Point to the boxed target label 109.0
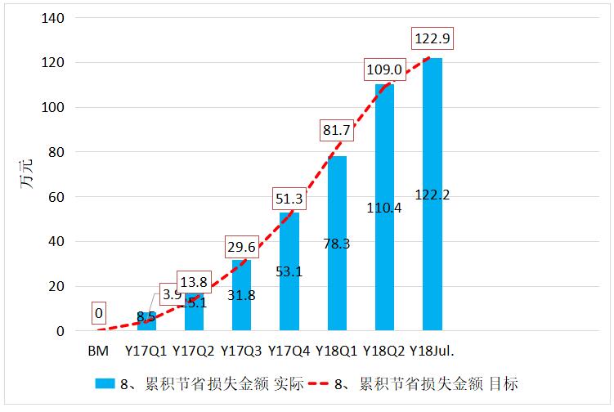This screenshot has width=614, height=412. tap(383, 70)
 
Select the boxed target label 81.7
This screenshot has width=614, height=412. tap(337, 128)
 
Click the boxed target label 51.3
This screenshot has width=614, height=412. tap(289, 198)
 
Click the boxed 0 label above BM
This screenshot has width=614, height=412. tap(100, 311)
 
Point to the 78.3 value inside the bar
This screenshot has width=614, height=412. tap(337, 244)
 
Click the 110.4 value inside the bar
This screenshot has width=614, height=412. tap(384, 208)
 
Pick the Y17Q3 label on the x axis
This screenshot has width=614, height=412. tap(241, 352)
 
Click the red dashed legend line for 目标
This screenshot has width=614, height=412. tap(333, 383)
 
